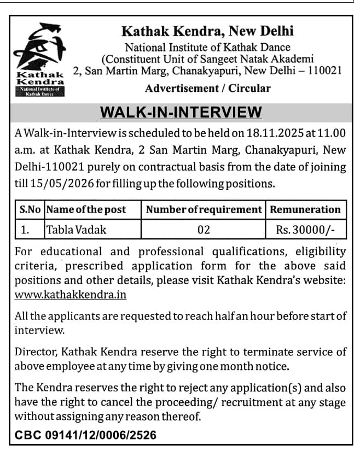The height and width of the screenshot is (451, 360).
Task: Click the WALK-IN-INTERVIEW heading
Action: (x=181, y=113)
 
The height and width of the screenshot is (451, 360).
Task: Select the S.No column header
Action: (x=30, y=209)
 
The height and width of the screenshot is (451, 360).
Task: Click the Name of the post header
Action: (x=86, y=209)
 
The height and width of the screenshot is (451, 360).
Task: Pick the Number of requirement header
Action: (x=204, y=209)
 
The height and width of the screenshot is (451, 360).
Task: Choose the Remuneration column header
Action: (x=305, y=209)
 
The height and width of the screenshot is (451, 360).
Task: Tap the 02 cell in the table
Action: (x=204, y=230)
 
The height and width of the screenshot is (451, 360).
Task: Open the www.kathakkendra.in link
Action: (x=71, y=295)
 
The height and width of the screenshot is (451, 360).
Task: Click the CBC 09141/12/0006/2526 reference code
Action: (x=85, y=435)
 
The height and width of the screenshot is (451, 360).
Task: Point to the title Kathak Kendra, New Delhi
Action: (x=207, y=31)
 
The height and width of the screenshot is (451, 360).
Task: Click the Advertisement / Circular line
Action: (x=208, y=88)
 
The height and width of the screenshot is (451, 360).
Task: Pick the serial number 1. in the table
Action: (x=25, y=230)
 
